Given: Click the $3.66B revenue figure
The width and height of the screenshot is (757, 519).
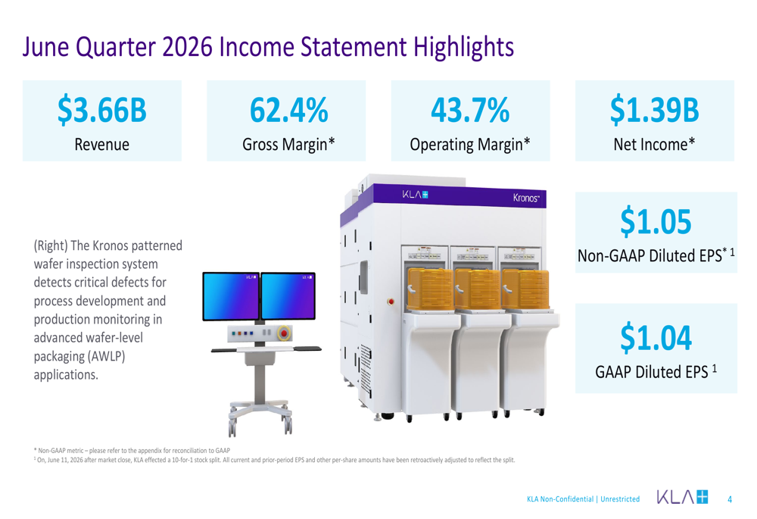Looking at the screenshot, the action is click(x=102, y=110).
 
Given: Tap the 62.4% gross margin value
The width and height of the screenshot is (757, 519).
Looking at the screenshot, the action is click(x=288, y=110).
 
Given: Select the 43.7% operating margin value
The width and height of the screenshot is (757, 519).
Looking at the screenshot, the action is click(x=470, y=110).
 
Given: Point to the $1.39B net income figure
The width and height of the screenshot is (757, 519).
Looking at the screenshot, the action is click(x=655, y=110).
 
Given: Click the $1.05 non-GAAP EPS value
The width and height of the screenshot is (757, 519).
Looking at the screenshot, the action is click(x=656, y=222).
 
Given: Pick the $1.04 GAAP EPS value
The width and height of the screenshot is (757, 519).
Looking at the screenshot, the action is click(x=656, y=338).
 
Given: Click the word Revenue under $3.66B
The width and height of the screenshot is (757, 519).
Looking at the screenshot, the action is click(x=102, y=145).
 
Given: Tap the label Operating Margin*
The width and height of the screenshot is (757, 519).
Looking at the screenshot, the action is click(x=470, y=145).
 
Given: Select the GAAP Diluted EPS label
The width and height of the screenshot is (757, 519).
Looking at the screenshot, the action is click(x=651, y=372).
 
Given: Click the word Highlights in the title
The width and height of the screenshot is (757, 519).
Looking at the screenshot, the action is click(x=463, y=48).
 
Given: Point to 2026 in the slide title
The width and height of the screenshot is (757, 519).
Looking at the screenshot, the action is click(x=187, y=48).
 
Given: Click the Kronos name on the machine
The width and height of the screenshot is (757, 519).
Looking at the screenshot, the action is click(x=526, y=198).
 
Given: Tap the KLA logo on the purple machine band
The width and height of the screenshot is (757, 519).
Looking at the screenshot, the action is click(x=415, y=195).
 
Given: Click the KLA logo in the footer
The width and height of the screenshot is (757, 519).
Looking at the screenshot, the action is click(x=682, y=497).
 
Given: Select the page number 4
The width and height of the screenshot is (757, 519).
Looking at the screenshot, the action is click(x=730, y=499).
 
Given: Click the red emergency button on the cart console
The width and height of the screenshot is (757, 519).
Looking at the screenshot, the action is click(x=284, y=333).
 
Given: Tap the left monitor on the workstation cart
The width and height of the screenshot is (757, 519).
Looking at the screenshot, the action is click(x=231, y=296).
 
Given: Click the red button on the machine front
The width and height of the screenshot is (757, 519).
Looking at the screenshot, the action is click(x=391, y=302).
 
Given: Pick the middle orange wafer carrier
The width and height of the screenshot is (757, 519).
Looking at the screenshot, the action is click(x=477, y=289).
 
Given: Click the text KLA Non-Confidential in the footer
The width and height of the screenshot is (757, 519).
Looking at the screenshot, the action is click(x=560, y=499).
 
